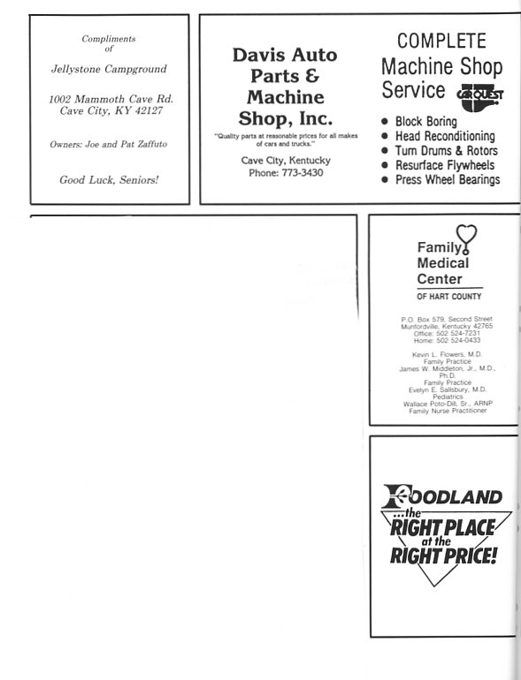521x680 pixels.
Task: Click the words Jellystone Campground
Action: point(109,69)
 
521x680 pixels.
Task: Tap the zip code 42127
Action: point(149,110)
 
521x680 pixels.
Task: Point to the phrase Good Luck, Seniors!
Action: point(109,179)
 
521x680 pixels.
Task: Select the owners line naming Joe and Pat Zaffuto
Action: point(108,144)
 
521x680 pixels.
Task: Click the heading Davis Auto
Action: point(285,55)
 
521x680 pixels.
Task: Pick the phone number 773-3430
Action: point(303,172)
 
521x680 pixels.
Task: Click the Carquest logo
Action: point(479,97)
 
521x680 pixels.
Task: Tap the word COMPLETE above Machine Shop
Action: point(441,41)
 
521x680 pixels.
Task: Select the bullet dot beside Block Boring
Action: point(384,122)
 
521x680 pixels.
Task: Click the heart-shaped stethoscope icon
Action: point(467,238)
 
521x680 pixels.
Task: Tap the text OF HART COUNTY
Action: point(448,297)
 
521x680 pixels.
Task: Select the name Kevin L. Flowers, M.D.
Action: point(447,354)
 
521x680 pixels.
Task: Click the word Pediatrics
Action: point(448,397)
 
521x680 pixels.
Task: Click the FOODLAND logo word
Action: point(442,496)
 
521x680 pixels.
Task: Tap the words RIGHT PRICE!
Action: point(443,555)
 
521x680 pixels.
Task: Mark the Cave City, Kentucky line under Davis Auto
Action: point(286,161)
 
